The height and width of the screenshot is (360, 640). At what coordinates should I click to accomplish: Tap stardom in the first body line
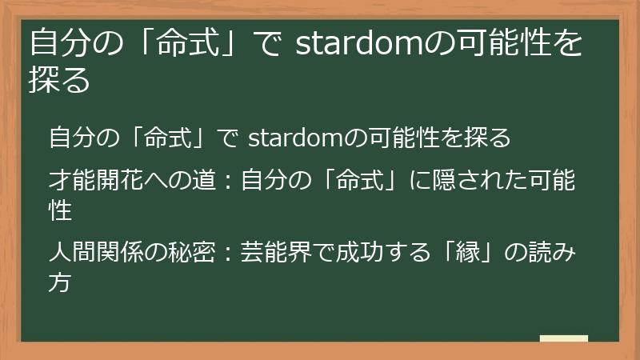click(296, 138)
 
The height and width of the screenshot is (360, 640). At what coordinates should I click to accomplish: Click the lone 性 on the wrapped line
click(61, 210)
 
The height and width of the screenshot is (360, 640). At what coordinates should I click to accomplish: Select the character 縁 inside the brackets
click(474, 254)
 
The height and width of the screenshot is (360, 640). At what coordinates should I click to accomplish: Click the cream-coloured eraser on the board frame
click(563, 338)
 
